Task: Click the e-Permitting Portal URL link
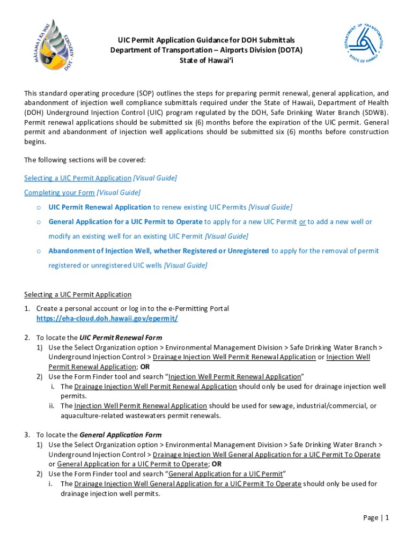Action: coord(107,318)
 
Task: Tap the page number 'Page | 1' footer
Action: coord(375,517)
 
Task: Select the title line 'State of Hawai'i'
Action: coord(206,61)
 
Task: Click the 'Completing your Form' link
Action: coord(60,192)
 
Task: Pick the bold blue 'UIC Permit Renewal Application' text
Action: coord(100,207)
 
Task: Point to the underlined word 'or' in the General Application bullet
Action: coord(303,221)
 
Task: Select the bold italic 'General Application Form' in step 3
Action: coord(120,435)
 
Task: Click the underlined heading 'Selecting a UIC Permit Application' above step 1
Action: coord(78,294)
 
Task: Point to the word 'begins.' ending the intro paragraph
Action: coord(35,142)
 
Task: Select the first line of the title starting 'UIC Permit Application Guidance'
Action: coord(206,40)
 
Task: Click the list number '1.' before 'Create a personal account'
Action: coord(27,309)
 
